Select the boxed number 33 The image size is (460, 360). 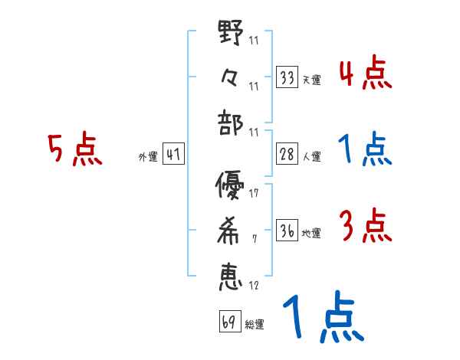pyautogui.click(x=287, y=78)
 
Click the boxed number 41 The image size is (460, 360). pyautogui.click(x=173, y=155)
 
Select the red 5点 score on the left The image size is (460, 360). pyautogui.click(x=74, y=150)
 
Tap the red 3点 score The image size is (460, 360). pyautogui.click(x=365, y=227)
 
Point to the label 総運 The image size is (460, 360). pyautogui.click(x=254, y=325)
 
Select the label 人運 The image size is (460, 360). pyautogui.click(x=312, y=157)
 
